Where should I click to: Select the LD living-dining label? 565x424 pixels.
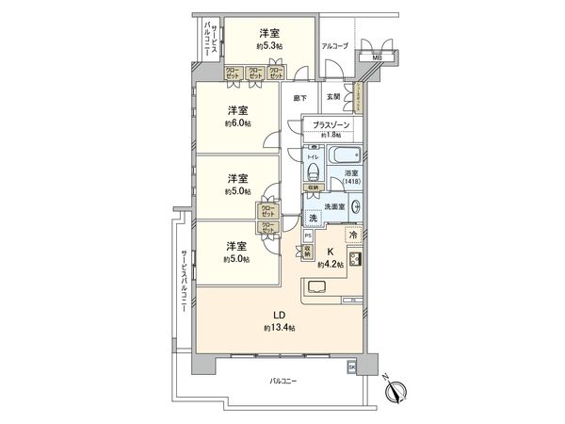pos(279,315)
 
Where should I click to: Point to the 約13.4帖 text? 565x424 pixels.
pos(279,328)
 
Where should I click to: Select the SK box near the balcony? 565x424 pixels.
pos(352,366)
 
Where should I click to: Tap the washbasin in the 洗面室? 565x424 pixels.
pos(357,209)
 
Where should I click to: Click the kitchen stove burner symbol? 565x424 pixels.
pos(356,260)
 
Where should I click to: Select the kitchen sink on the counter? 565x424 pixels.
pos(315,287)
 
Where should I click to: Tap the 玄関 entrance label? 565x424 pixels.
pos(333,96)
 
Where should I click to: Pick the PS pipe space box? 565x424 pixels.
pos(308,236)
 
